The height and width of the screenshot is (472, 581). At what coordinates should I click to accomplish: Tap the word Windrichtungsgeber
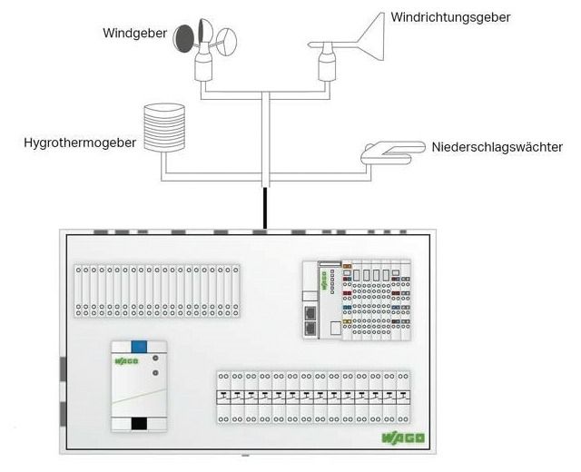click(450, 17)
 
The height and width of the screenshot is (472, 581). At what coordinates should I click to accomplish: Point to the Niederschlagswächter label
click(497, 146)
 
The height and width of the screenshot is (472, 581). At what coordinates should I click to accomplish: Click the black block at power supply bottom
click(138, 424)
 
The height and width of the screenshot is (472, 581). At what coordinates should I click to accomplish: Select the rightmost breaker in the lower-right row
click(402, 397)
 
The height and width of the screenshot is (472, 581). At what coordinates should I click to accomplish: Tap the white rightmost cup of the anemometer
click(227, 40)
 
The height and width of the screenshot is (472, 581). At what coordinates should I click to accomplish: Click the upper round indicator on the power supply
click(155, 360)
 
